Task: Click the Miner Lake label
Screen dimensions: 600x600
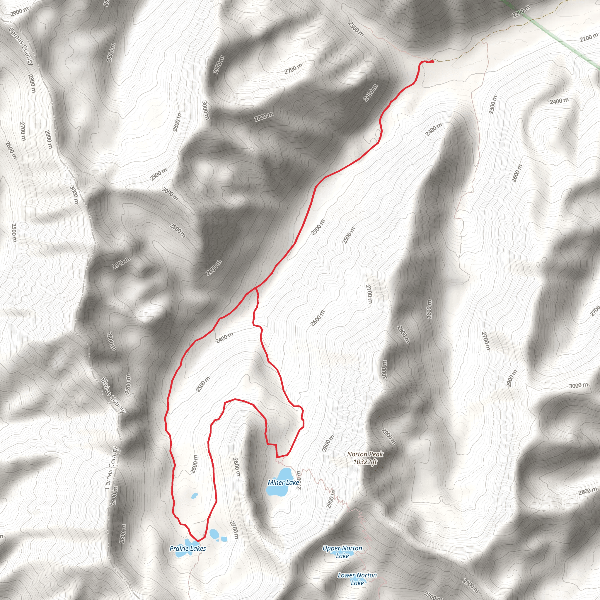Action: click(x=283, y=482)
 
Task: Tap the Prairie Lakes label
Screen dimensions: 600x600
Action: click(x=187, y=548)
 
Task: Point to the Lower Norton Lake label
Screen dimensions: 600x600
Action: click(x=357, y=579)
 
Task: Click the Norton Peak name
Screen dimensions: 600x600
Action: click(x=365, y=454)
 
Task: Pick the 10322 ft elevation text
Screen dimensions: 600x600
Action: click(x=365, y=462)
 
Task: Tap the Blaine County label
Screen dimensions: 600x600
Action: click(x=113, y=395)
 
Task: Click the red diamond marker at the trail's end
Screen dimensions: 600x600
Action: click(x=432, y=61)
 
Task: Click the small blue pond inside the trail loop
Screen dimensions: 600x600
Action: click(x=195, y=496)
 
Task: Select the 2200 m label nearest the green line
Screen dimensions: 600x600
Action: click(x=521, y=12)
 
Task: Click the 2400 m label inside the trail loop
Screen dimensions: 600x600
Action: click(x=224, y=337)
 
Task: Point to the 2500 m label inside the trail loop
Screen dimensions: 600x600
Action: click(x=203, y=384)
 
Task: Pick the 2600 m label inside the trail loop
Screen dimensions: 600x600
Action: click(x=195, y=464)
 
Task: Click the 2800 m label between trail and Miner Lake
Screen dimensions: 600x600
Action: click(x=236, y=467)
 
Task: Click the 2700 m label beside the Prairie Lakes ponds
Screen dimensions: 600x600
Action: click(x=234, y=530)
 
